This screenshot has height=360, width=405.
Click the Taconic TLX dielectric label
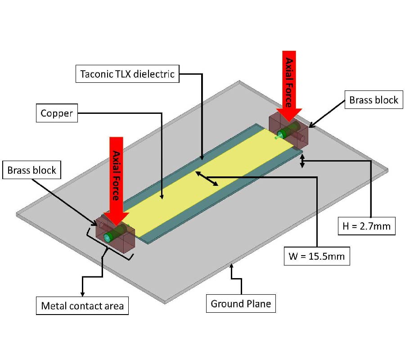pos(127,73)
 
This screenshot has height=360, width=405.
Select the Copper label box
pos(57,113)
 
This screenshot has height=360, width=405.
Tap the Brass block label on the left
pos(32,170)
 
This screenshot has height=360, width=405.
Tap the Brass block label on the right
pos(373,100)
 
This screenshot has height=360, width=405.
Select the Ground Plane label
pos(241,304)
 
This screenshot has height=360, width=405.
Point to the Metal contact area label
pos(82,306)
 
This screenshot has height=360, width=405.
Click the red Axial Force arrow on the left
pos(116,180)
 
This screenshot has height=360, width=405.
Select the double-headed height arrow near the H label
pos(302,162)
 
